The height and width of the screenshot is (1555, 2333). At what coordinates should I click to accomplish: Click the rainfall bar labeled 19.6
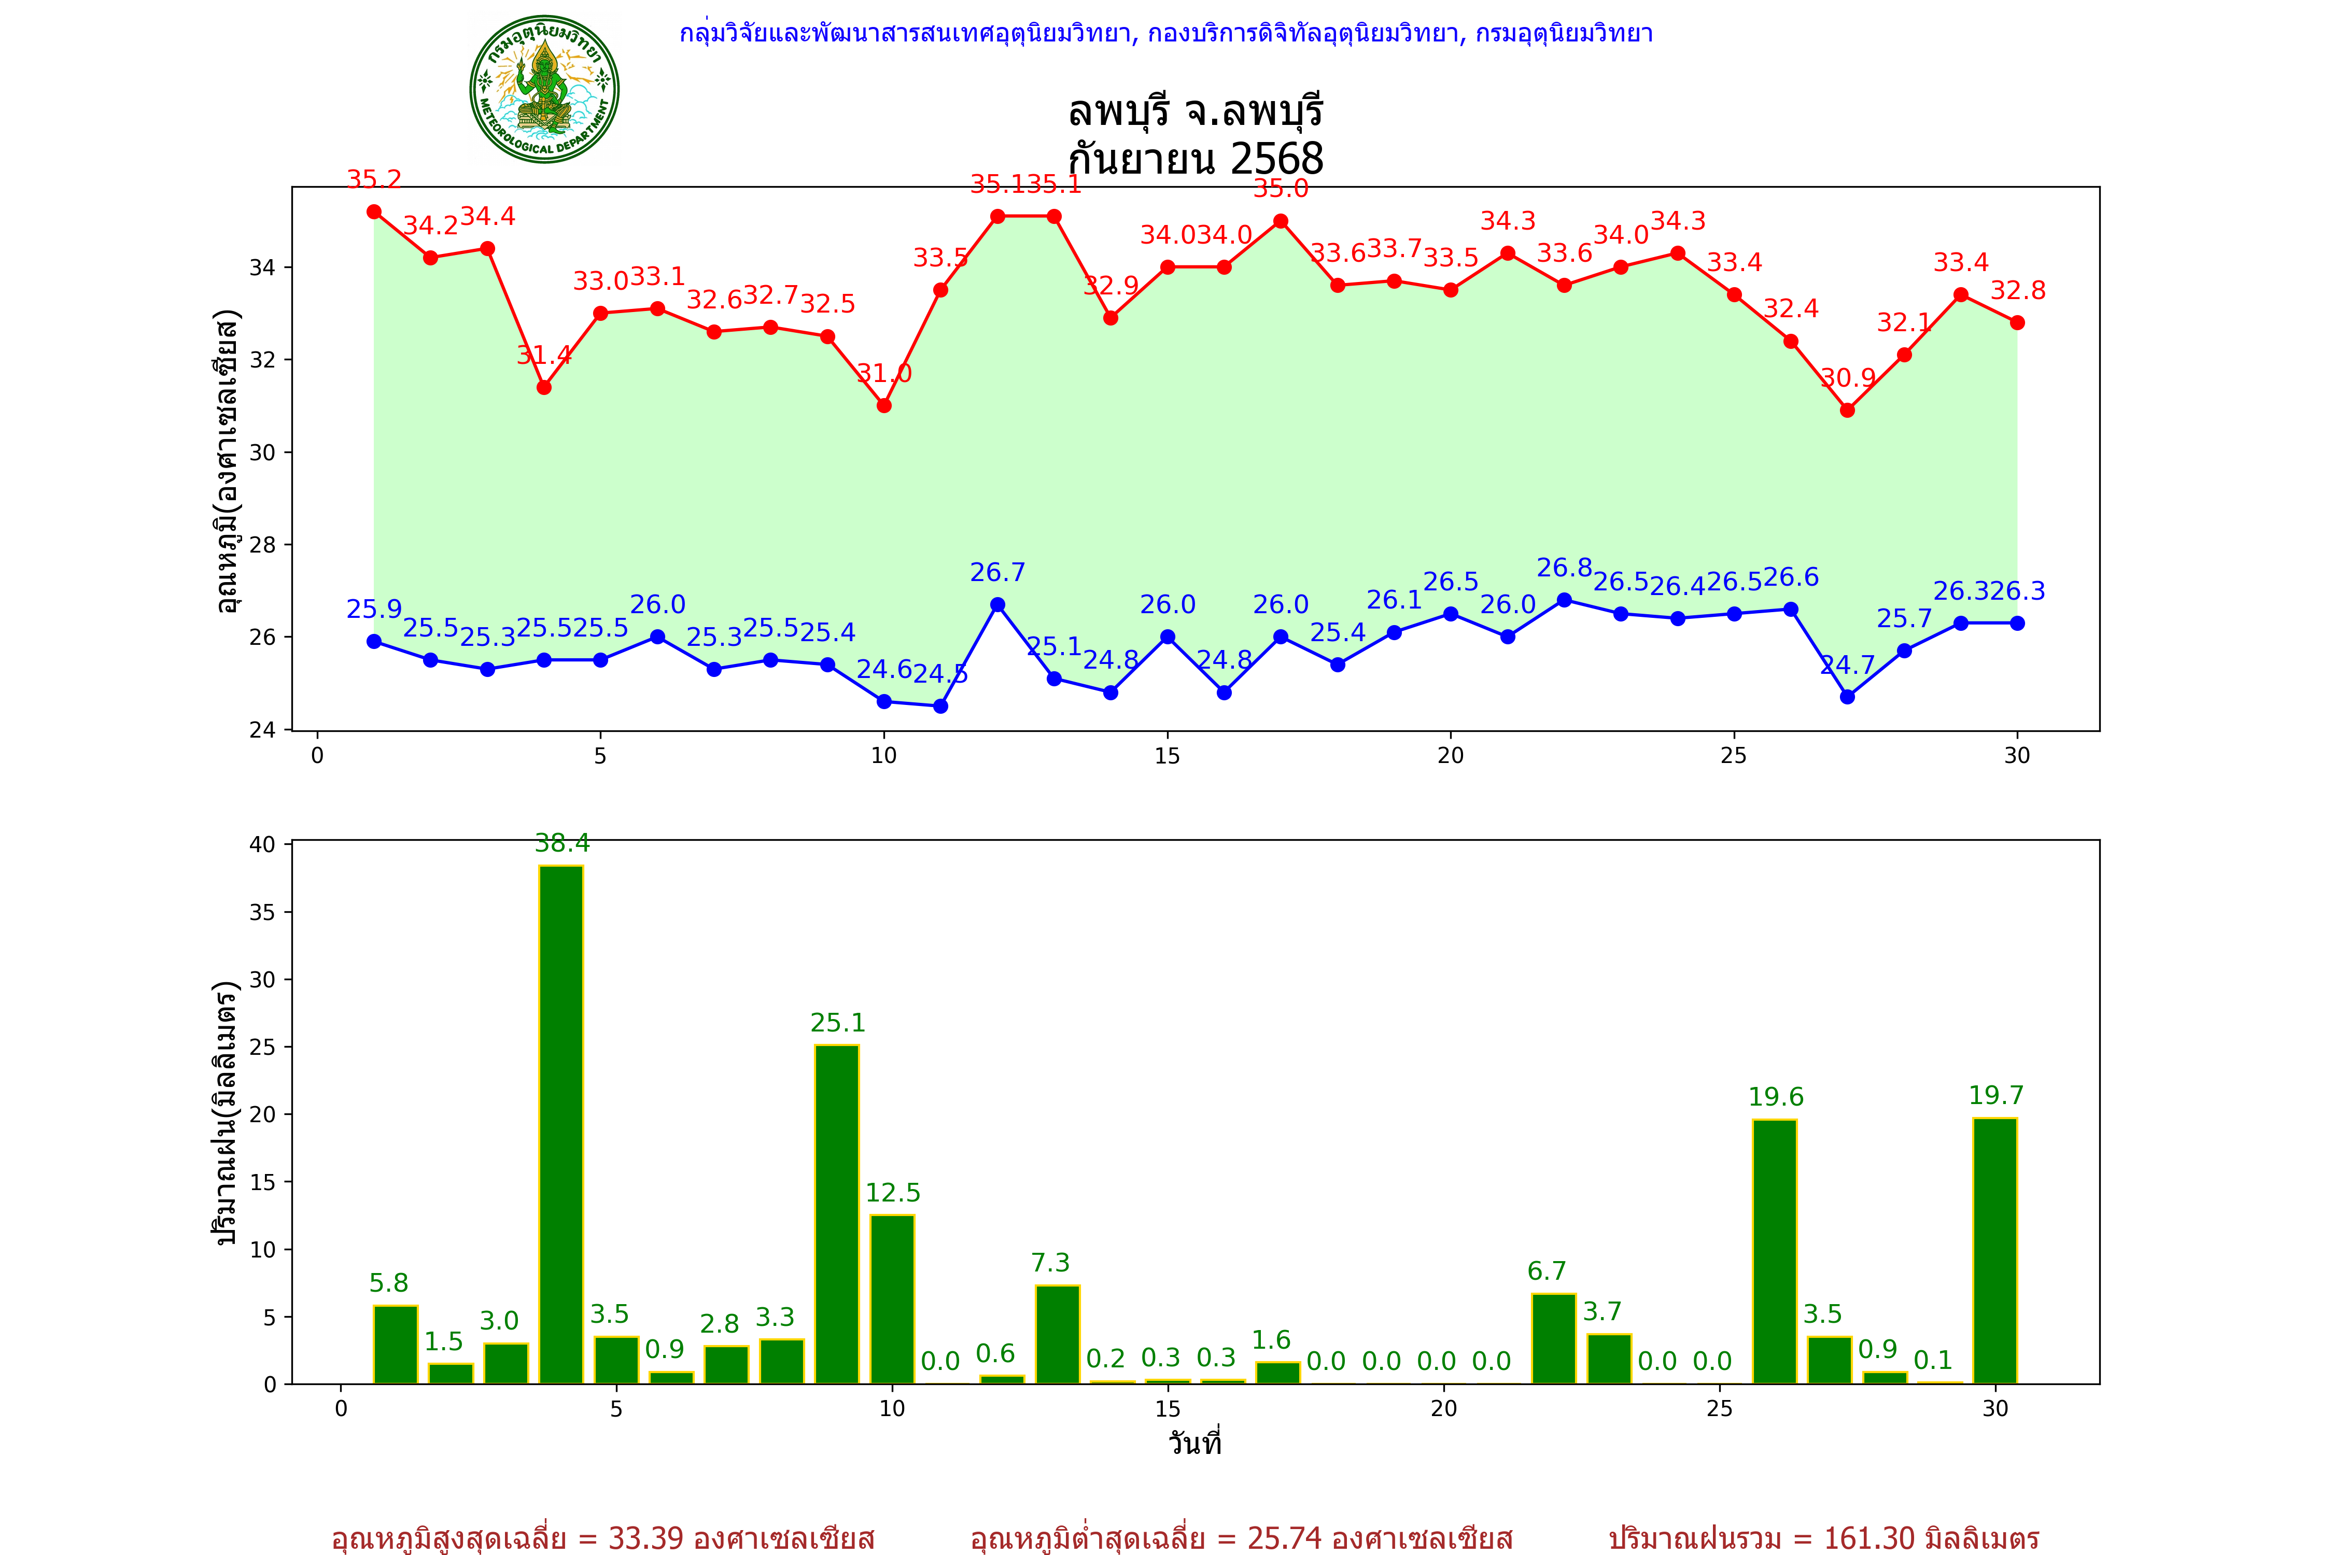1775,1252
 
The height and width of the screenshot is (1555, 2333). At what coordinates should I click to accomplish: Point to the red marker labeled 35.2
374,212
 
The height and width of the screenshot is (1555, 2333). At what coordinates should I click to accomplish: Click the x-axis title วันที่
1194,1443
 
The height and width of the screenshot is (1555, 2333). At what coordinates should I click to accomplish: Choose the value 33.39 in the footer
646,1538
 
